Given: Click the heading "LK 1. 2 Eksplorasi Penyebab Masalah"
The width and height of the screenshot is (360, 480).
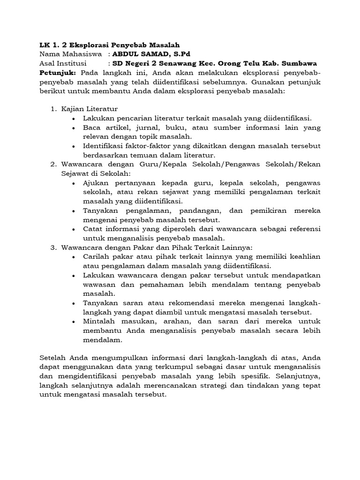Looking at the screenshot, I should (109, 45).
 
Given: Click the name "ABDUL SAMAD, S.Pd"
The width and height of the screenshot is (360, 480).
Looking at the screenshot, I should (151, 54).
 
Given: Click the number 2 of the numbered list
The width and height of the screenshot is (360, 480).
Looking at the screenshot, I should (52, 165).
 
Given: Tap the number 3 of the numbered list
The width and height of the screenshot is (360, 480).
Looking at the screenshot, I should (52, 247).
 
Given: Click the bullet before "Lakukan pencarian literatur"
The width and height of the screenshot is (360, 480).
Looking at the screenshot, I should (74, 119).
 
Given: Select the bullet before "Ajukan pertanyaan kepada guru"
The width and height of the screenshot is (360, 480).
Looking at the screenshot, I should (74, 183).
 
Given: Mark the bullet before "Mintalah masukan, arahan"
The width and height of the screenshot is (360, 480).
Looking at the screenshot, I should (74, 322).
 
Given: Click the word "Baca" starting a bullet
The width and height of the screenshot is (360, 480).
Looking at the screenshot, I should (92, 127).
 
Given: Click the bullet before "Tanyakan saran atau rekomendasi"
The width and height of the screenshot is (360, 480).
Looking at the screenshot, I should (74, 303).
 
